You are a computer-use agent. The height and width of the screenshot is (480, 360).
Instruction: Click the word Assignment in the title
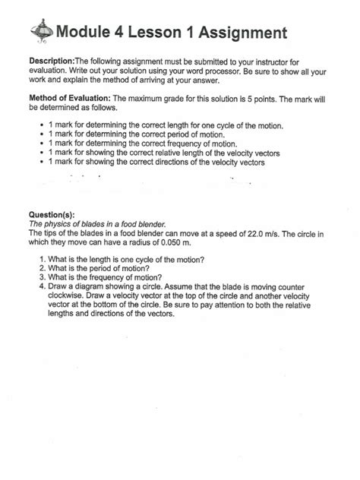(x=241, y=33)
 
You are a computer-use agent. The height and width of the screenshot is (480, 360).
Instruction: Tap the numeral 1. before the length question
(x=43, y=260)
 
